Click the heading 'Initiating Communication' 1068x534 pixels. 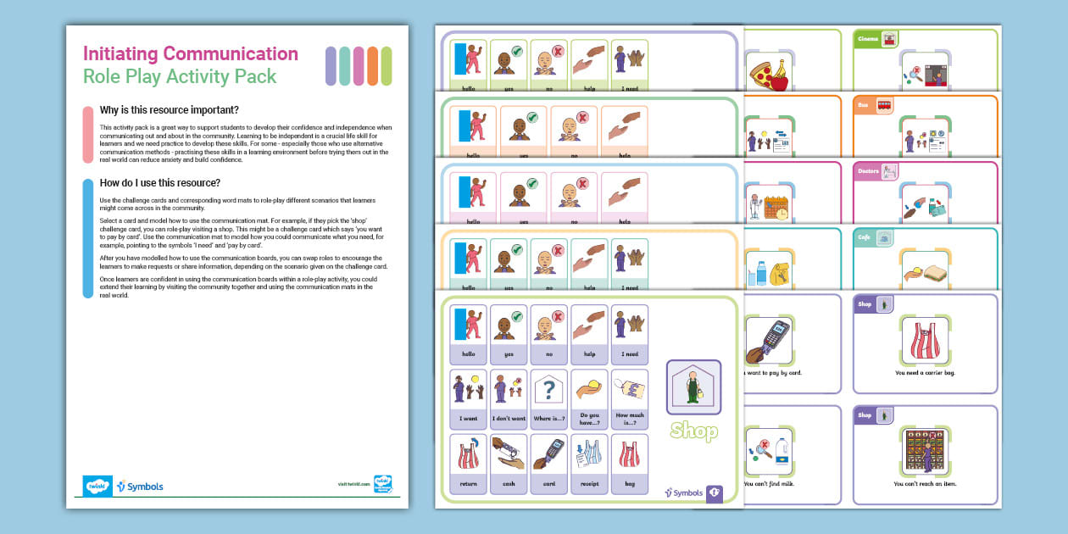[x=191, y=54]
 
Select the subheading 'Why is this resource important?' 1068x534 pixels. [x=169, y=110]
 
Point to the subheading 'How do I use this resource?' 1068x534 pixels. [x=160, y=182]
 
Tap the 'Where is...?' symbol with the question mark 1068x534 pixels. [x=549, y=395]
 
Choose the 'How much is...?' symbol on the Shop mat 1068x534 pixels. [x=630, y=395]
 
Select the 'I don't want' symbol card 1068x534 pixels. [x=509, y=395]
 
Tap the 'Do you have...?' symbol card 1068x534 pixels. [x=590, y=395]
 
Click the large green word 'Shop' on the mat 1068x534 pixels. [x=693, y=431]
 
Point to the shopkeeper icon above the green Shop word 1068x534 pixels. [x=693, y=387]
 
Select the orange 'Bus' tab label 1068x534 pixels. [x=863, y=105]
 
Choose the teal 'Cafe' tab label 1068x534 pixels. [x=864, y=238]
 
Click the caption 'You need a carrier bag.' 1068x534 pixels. [x=925, y=372]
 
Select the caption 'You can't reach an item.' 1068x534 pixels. [x=925, y=483]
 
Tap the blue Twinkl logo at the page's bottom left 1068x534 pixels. [x=97, y=486]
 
